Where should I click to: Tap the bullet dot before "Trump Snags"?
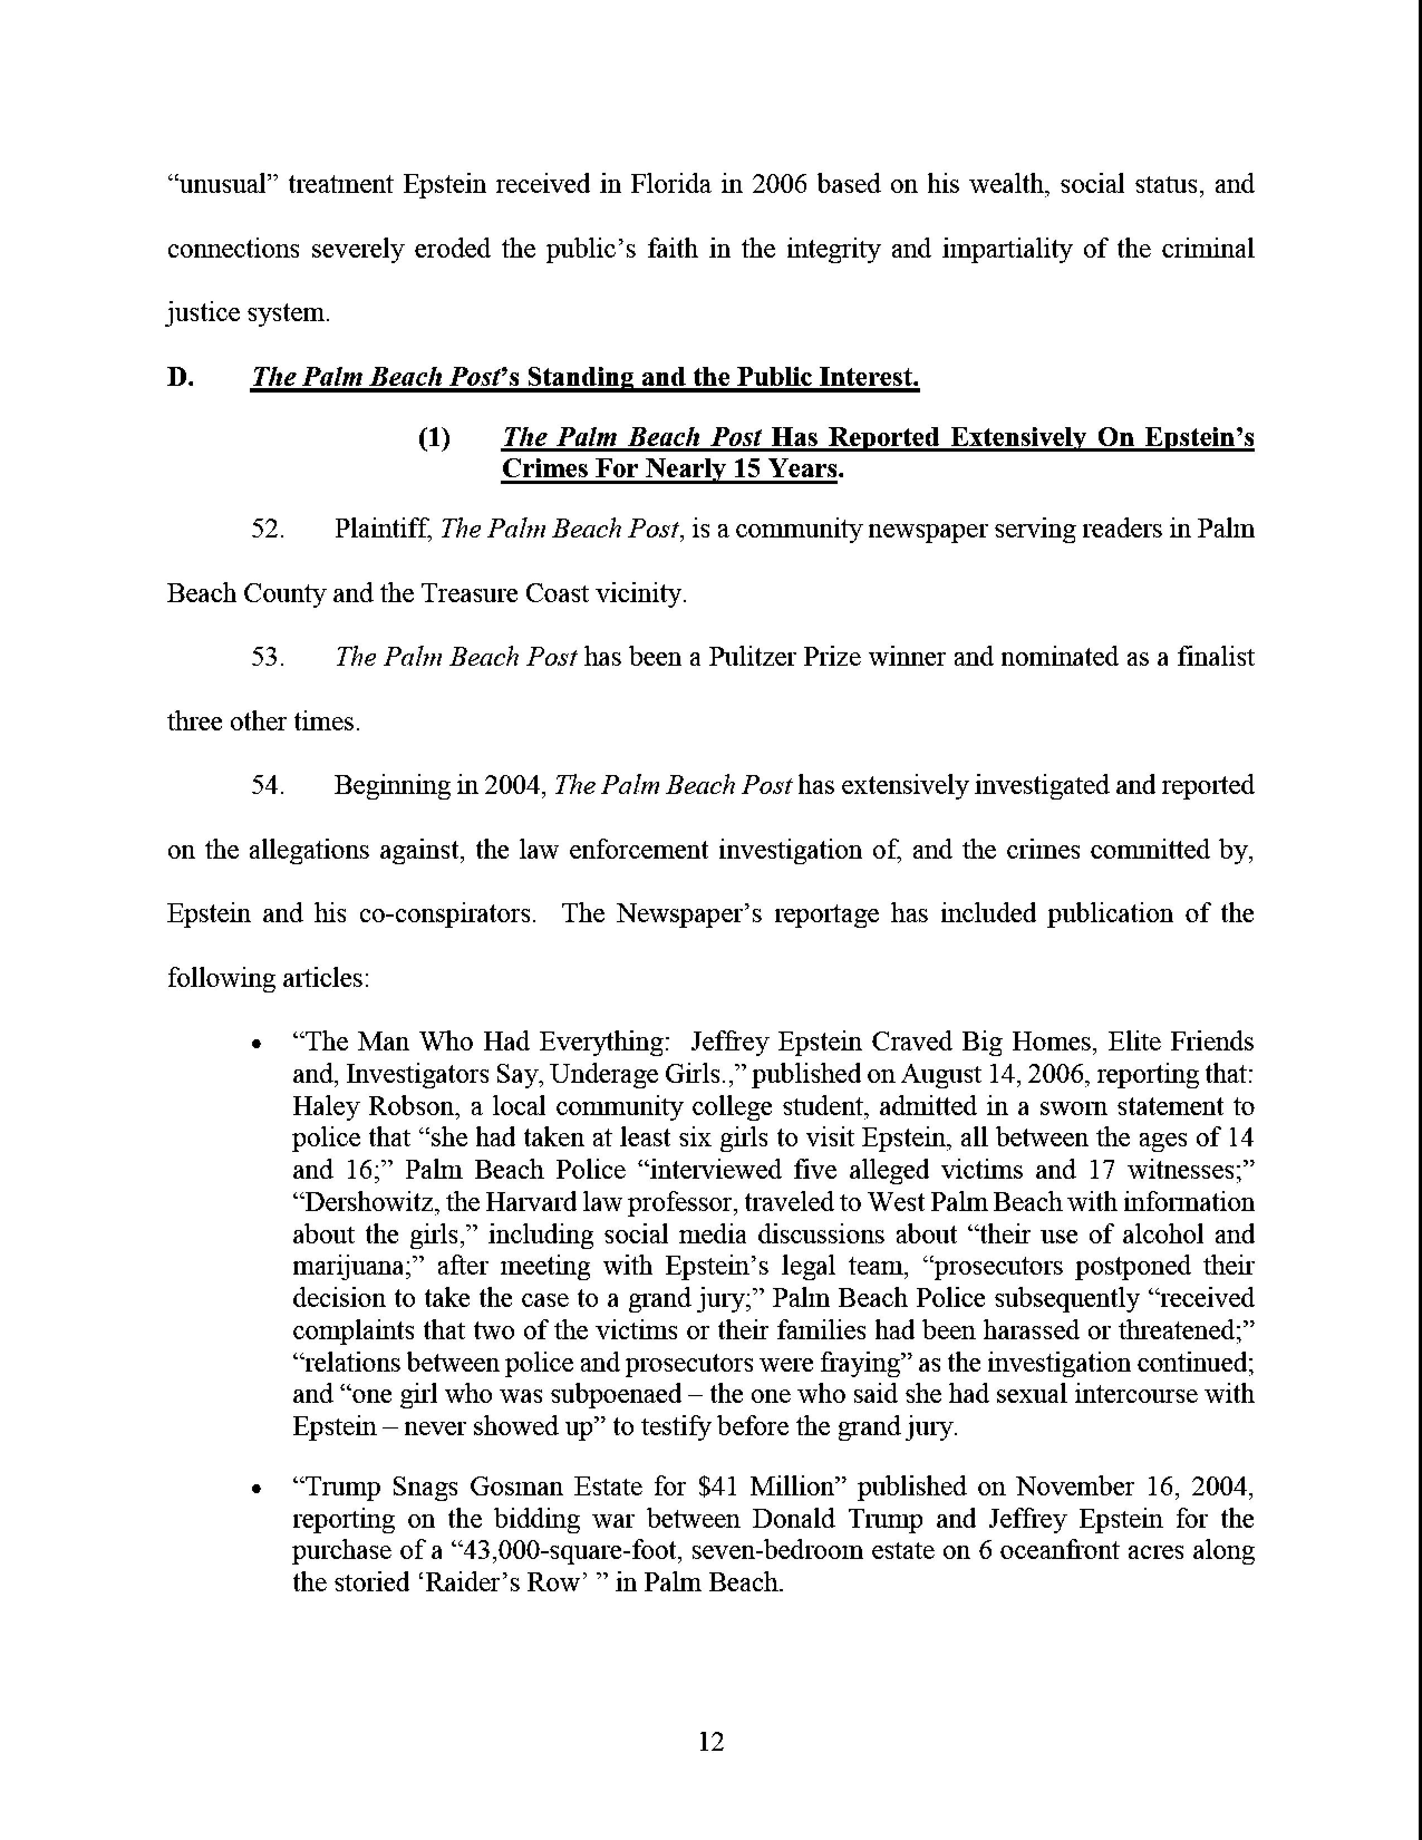255,1489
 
